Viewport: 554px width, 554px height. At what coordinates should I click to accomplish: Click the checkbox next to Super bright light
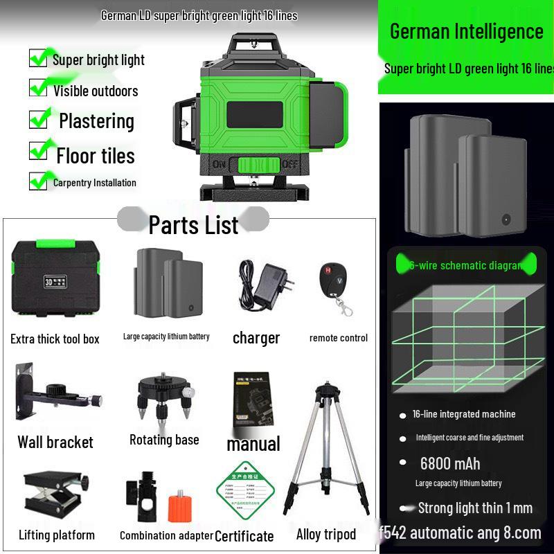39,58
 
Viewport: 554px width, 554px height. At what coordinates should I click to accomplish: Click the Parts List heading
193,224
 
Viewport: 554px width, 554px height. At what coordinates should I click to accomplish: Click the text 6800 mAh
449,463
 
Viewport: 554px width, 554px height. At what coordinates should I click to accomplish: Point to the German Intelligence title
466,31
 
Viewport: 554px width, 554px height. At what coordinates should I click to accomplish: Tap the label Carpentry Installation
95,183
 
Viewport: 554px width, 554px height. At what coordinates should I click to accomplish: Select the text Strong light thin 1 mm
475,508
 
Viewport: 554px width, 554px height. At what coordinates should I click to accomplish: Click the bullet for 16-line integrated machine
402,415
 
